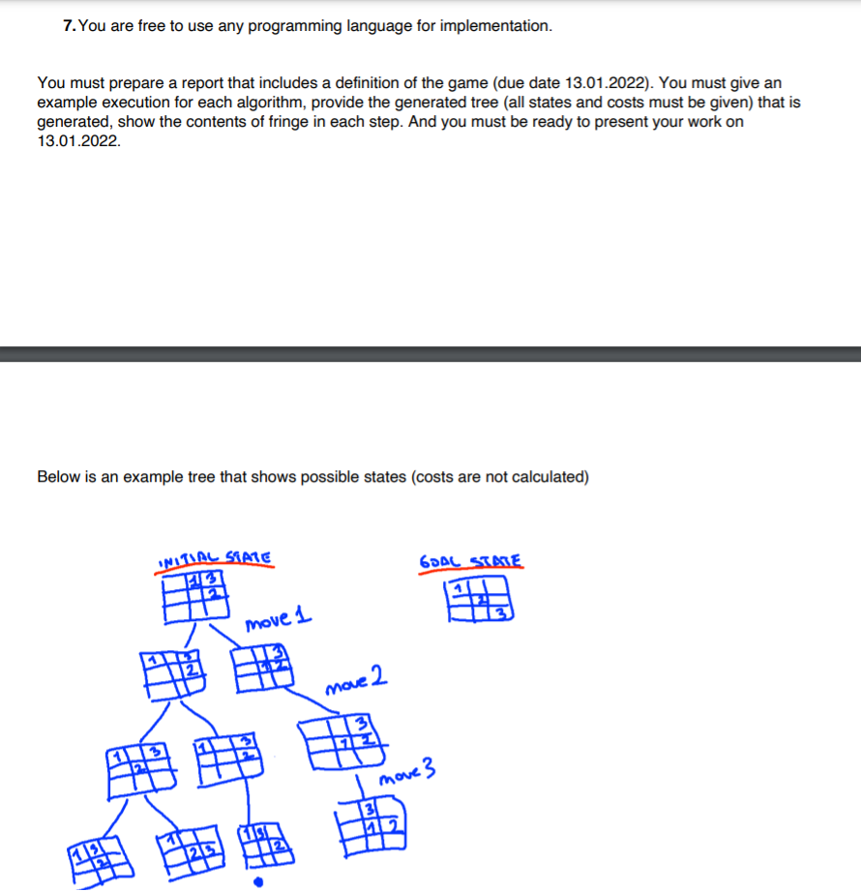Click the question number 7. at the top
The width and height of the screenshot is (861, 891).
(x=69, y=26)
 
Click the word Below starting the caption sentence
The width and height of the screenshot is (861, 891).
(x=58, y=477)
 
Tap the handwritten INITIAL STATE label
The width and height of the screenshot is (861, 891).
(x=213, y=557)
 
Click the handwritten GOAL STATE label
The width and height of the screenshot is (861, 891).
(x=471, y=561)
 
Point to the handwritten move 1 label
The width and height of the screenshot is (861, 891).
(x=279, y=619)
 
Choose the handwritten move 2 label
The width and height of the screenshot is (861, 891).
(x=357, y=681)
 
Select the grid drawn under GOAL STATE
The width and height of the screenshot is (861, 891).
(x=476, y=601)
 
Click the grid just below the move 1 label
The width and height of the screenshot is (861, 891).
(x=261, y=667)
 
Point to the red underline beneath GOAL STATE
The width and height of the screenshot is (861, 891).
(x=471, y=572)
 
